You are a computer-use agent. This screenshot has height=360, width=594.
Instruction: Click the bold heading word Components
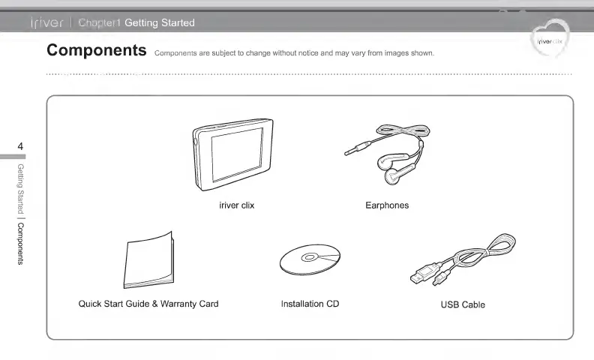pyautogui.click(x=96, y=50)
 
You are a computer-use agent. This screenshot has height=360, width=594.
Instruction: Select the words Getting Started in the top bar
pyautogui.click(x=159, y=22)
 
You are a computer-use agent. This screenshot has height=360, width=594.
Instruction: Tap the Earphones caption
pyautogui.click(x=387, y=205)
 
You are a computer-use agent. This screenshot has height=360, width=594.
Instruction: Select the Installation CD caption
pyautogui.click(x=310, y=304)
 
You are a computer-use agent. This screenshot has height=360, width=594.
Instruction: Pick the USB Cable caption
pyautogui.click(x=463, y=304)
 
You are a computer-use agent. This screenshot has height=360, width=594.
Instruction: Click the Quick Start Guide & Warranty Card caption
pyautogui.click(x=148, y=304)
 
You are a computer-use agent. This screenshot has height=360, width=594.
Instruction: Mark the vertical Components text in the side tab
pyautogui.click(x=20, y=244)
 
